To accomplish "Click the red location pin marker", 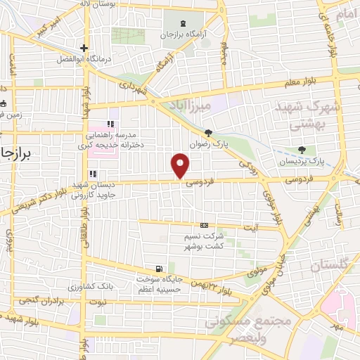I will (x=181, y=165).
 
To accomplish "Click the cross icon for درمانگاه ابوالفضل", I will (x=83, y=49).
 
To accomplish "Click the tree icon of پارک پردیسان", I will (x=302, y=149).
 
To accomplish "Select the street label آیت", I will (x=250, y=226).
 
